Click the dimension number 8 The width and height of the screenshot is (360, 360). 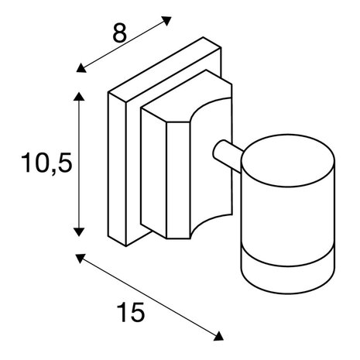120,33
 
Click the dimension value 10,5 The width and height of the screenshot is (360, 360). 46,163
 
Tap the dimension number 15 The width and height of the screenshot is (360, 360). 131,313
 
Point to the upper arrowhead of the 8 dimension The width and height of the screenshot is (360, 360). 166,21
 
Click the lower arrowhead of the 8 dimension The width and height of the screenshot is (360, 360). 81,68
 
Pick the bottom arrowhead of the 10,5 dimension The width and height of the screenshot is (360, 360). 79,231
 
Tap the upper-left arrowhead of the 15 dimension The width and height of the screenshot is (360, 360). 81,259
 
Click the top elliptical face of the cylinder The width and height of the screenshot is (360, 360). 288,160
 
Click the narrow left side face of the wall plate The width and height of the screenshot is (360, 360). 117,170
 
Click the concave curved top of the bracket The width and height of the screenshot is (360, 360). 211,110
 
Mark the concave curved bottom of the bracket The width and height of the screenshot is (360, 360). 211,227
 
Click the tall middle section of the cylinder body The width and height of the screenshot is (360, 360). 288,217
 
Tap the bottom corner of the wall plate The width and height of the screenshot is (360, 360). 126,246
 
